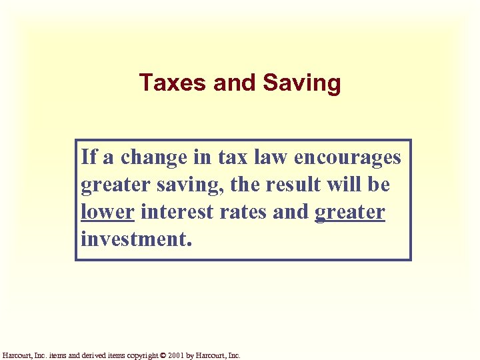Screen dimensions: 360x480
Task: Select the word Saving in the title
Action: click(x=302, y=84)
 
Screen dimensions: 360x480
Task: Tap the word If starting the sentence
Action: click(x=89, y=157)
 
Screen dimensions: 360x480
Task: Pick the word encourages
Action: click(x=347, y=158)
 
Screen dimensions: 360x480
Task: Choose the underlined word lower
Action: click(x=107, y=212)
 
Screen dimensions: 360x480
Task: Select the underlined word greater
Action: click(x=349, y=213)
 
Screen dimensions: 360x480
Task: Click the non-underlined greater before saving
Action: click(x=109, y=185)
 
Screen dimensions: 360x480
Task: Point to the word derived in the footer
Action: click(x=99, y=355)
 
